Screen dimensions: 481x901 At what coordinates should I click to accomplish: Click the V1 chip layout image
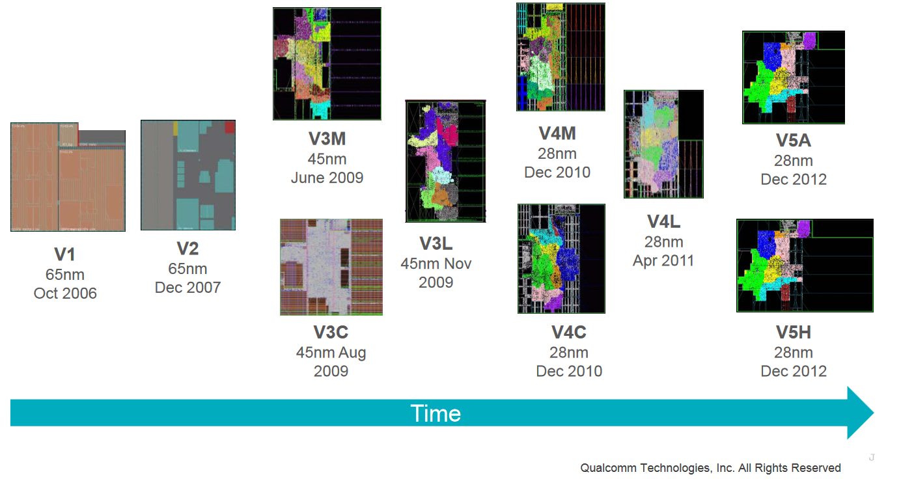coord(68,176)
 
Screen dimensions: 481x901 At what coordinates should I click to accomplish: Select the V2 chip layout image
coord(188,175)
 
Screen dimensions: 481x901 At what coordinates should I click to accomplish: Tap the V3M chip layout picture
coord(327,64)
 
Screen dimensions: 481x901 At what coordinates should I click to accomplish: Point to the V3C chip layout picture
coord(331,267)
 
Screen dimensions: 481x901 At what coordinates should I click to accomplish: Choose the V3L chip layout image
coord(445,161)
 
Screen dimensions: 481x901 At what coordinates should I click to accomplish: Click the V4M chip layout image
coord(561,57)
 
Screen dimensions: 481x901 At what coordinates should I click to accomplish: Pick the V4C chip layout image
coord(561,258)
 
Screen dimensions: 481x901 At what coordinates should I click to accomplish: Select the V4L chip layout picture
coord(663,144)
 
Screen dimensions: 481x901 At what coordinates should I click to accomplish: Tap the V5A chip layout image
coord(794,77)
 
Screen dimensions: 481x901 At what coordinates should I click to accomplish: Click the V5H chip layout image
coord(805,266)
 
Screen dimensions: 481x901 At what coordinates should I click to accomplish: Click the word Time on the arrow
coord(436,414)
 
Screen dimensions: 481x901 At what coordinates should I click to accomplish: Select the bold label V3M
coord(327,139)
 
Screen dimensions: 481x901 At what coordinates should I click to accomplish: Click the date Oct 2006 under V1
coord(65,294)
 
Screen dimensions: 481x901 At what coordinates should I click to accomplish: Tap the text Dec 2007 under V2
coord(187,287)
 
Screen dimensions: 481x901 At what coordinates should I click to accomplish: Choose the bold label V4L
coord(663,222)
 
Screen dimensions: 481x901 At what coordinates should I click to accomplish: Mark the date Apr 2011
coord(663,261)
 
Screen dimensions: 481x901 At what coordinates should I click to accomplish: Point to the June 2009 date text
coord(327,178)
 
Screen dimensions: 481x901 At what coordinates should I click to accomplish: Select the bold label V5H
coord(793,333)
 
